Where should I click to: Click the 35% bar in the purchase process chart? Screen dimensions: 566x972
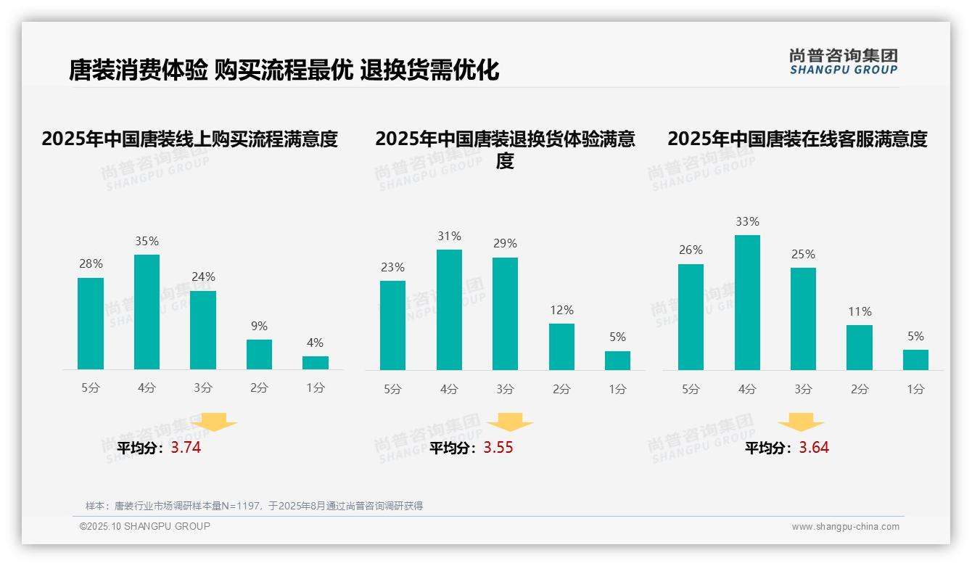click(x=147, y=312)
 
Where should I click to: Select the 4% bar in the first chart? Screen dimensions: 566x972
click(x=316, y=363)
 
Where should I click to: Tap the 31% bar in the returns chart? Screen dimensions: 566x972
click(x=449, y=310)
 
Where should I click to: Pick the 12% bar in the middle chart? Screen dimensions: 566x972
click(x=561, y=347)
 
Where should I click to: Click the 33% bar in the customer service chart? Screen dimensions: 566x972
click(x=747, y=303)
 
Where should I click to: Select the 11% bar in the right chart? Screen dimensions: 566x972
click(x=860, y=348)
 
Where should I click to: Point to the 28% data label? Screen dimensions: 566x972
click(x=91, y=264)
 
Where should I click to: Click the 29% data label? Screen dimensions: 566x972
click(x=505, y=244)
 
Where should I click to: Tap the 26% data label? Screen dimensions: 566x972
click(x=691, y=250)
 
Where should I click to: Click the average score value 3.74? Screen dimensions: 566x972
click(x=186, y=448)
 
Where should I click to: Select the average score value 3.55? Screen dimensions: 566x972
click(x=498, y=448)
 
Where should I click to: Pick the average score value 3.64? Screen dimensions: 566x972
click(x=814, y=448)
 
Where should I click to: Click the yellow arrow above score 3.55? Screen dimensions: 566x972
click(x=510, y=422)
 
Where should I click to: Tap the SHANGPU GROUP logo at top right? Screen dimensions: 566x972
click(x=843, y=62)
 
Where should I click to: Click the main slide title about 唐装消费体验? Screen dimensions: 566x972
click(x=284, y=70)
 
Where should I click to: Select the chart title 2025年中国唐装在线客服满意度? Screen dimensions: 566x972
click(x=797, y=139)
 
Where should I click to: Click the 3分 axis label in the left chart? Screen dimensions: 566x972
click(x=203, y=388)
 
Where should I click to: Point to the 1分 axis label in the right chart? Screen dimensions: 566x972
click(x=915, y=390)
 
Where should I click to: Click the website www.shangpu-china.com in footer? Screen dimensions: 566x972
click(x=845, y=527)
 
